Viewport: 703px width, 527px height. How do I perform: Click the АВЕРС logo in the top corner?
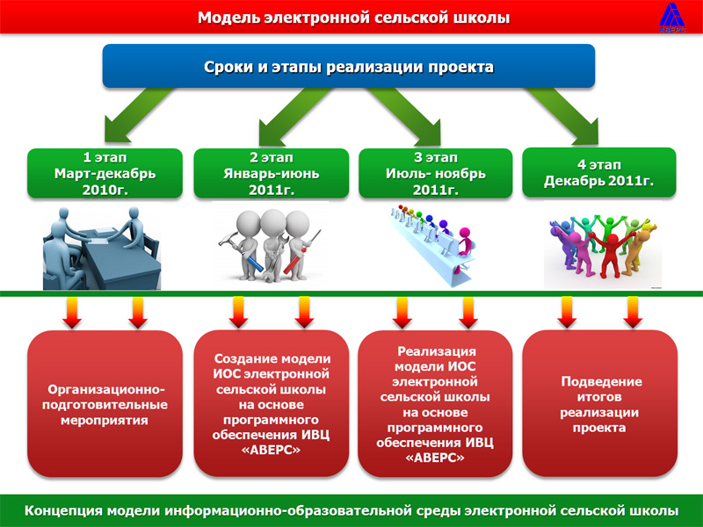(x=672, y=18)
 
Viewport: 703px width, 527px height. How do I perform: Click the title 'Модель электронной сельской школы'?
(x=354, y=18)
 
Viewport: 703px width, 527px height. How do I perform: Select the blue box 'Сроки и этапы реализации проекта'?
(x=349, y=66)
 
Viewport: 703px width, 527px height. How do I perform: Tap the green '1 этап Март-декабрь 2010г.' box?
(x=105, y=173)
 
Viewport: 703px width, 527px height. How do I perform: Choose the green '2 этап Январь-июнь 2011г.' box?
(x=272, y=173)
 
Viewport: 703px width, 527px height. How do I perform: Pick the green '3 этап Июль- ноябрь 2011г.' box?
(x=435, y=173)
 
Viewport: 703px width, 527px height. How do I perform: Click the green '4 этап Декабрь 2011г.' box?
(x=599, y=172)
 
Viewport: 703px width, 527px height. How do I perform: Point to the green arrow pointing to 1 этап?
(x=134, y=116)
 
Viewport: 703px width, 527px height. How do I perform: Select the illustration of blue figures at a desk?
(x=102, y=249)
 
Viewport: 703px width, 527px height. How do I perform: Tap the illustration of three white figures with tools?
(x=270, y=246)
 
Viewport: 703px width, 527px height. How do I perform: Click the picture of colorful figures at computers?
(x=432, y=246)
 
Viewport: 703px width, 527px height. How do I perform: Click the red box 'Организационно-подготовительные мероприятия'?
(x=105, y=403)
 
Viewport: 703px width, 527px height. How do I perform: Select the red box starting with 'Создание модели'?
(x=272, y=403)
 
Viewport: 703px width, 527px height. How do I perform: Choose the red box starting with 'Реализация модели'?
(x=435, y=403)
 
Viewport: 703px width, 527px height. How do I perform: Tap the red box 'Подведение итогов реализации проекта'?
(x=600, y=403)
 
